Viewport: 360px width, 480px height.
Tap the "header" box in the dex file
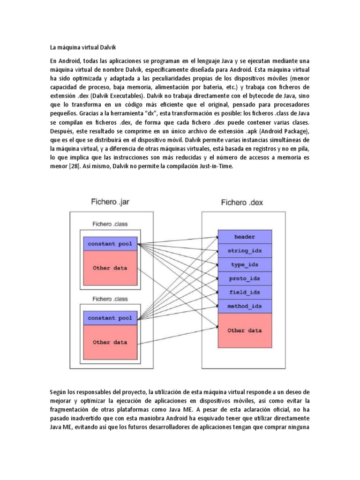pos(244,237)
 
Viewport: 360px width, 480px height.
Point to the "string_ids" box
pos(244,251)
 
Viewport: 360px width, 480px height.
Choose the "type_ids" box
pos(244,264)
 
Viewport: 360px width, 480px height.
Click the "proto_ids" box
pos(244,278)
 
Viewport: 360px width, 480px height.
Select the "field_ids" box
pos(244,292)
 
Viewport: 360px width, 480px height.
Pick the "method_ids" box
pos(244,306)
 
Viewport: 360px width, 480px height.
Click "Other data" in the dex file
pos(244,330)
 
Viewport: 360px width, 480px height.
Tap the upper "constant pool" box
pos(110,244)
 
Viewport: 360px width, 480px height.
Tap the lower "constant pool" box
pos(110,318)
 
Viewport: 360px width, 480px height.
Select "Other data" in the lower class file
pos(110,342)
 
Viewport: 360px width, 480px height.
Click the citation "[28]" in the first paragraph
pos(72,166)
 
